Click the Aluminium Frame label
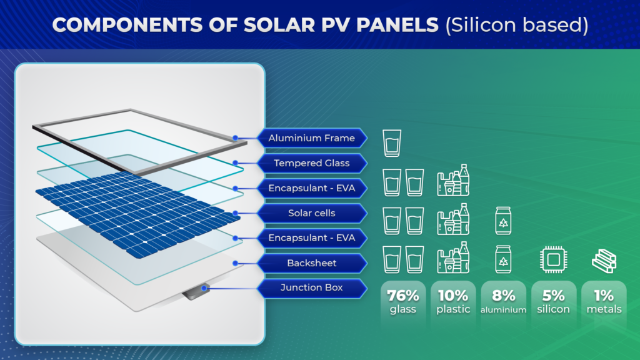coord(311,138)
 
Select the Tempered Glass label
coord(311,163)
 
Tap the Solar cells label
coord(311,213)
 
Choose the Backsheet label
coord(311,263)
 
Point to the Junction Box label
coord(311,288)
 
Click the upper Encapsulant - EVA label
coord(311,188)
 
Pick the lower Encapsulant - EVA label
coord(311,238)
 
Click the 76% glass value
coord(402,301)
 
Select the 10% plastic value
coord(452,301)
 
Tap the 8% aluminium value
coord(503,301)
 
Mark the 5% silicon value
coord(553,301)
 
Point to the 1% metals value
coord(604,301)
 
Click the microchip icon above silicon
coord(553,259)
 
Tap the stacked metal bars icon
coord(604,260)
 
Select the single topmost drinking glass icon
coord(392,143)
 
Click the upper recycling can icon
coord(503,221)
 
